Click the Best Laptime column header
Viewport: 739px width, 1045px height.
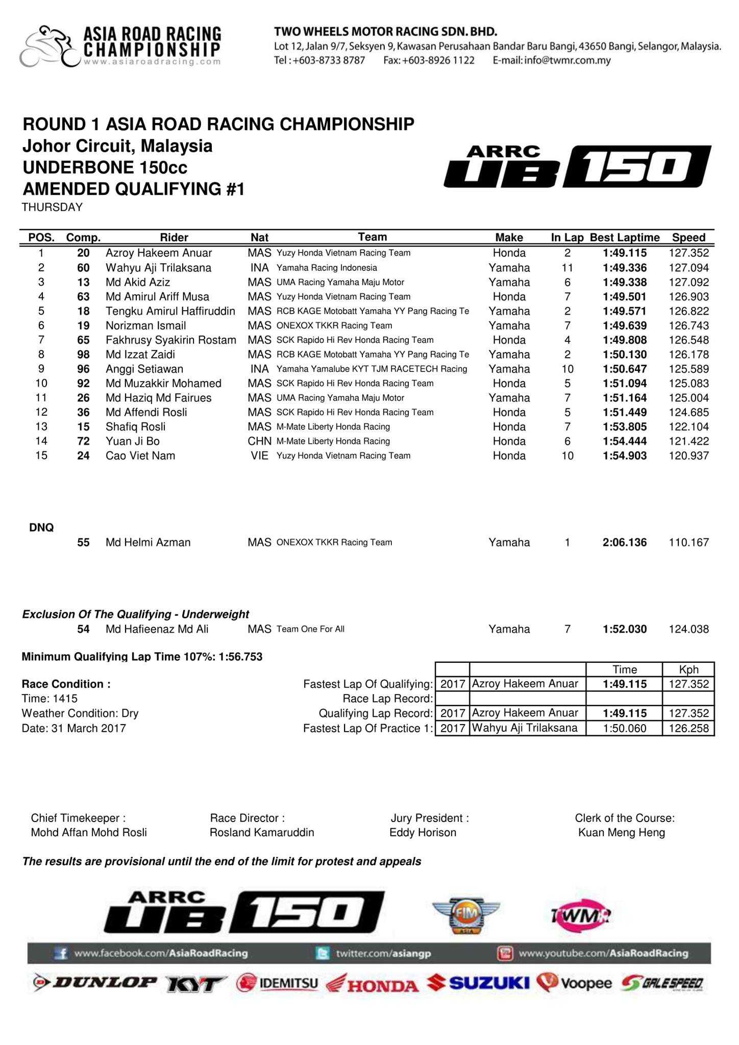[625, 237]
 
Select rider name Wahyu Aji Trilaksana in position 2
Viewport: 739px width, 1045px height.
[158, 268]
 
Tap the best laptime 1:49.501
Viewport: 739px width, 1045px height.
[625, 297]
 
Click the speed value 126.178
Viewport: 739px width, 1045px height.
[688, 355]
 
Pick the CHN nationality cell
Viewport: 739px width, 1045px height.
[259, 441]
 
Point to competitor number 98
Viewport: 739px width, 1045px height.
[83, 355]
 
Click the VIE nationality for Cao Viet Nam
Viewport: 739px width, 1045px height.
[259, 456]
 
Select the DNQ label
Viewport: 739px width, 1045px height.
[41, 528]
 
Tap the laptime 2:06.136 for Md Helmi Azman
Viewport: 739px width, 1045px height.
[625, 542]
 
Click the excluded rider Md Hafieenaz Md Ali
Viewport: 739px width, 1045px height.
[157, 629]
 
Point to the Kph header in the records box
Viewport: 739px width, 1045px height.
[688, 669]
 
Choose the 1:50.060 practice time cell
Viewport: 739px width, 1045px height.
[625, 728]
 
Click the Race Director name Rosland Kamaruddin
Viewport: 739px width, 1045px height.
[262, 832]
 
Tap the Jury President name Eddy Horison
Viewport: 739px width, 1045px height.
[423, 832]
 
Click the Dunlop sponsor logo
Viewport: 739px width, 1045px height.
[95, 982]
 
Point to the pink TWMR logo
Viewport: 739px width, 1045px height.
[581, 916]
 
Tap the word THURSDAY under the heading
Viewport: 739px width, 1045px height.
[52, 207]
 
